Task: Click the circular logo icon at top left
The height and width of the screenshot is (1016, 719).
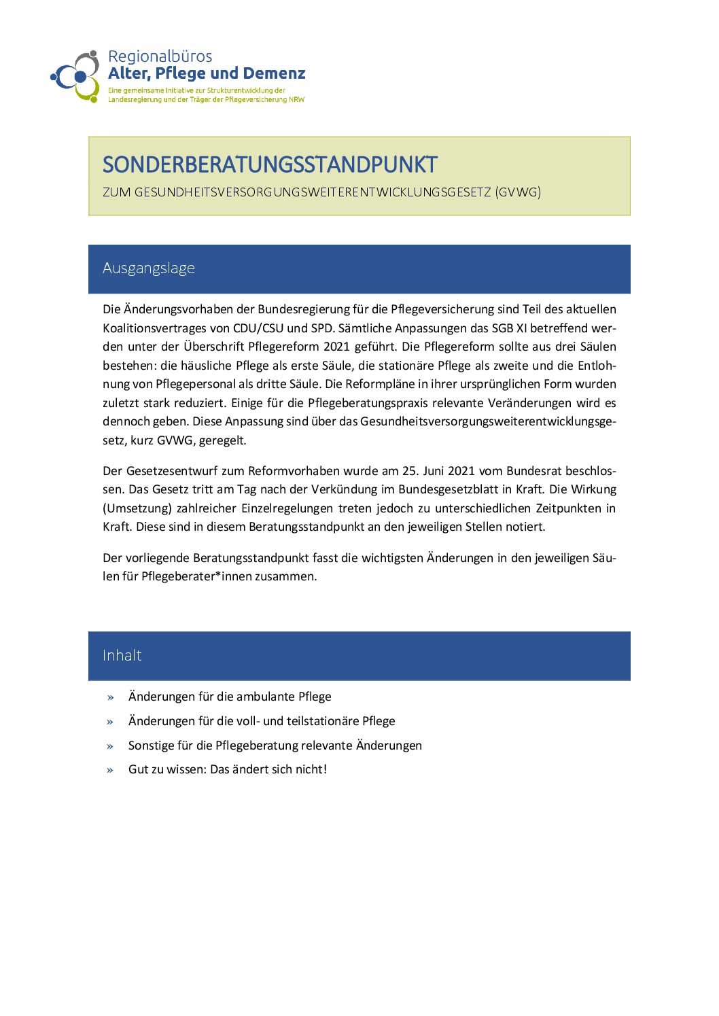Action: [76, 76]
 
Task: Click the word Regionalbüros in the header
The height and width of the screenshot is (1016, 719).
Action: [160, 56]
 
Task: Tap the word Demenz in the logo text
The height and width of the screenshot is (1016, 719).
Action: [275, 73]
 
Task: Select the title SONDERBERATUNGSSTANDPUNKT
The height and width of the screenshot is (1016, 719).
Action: [270, 164]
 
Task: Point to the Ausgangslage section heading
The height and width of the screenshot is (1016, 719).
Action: [149, 268]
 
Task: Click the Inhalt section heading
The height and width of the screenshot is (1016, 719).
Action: [122, 656]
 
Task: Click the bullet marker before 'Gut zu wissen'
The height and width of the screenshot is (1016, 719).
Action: [110, 770]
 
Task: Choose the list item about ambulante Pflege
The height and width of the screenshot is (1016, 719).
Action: [230, 697]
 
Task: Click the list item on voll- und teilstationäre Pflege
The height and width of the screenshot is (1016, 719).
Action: [262, 721]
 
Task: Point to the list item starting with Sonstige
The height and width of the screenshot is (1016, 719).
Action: [275, 746]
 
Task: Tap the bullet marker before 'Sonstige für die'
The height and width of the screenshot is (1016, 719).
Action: [110, 746]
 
